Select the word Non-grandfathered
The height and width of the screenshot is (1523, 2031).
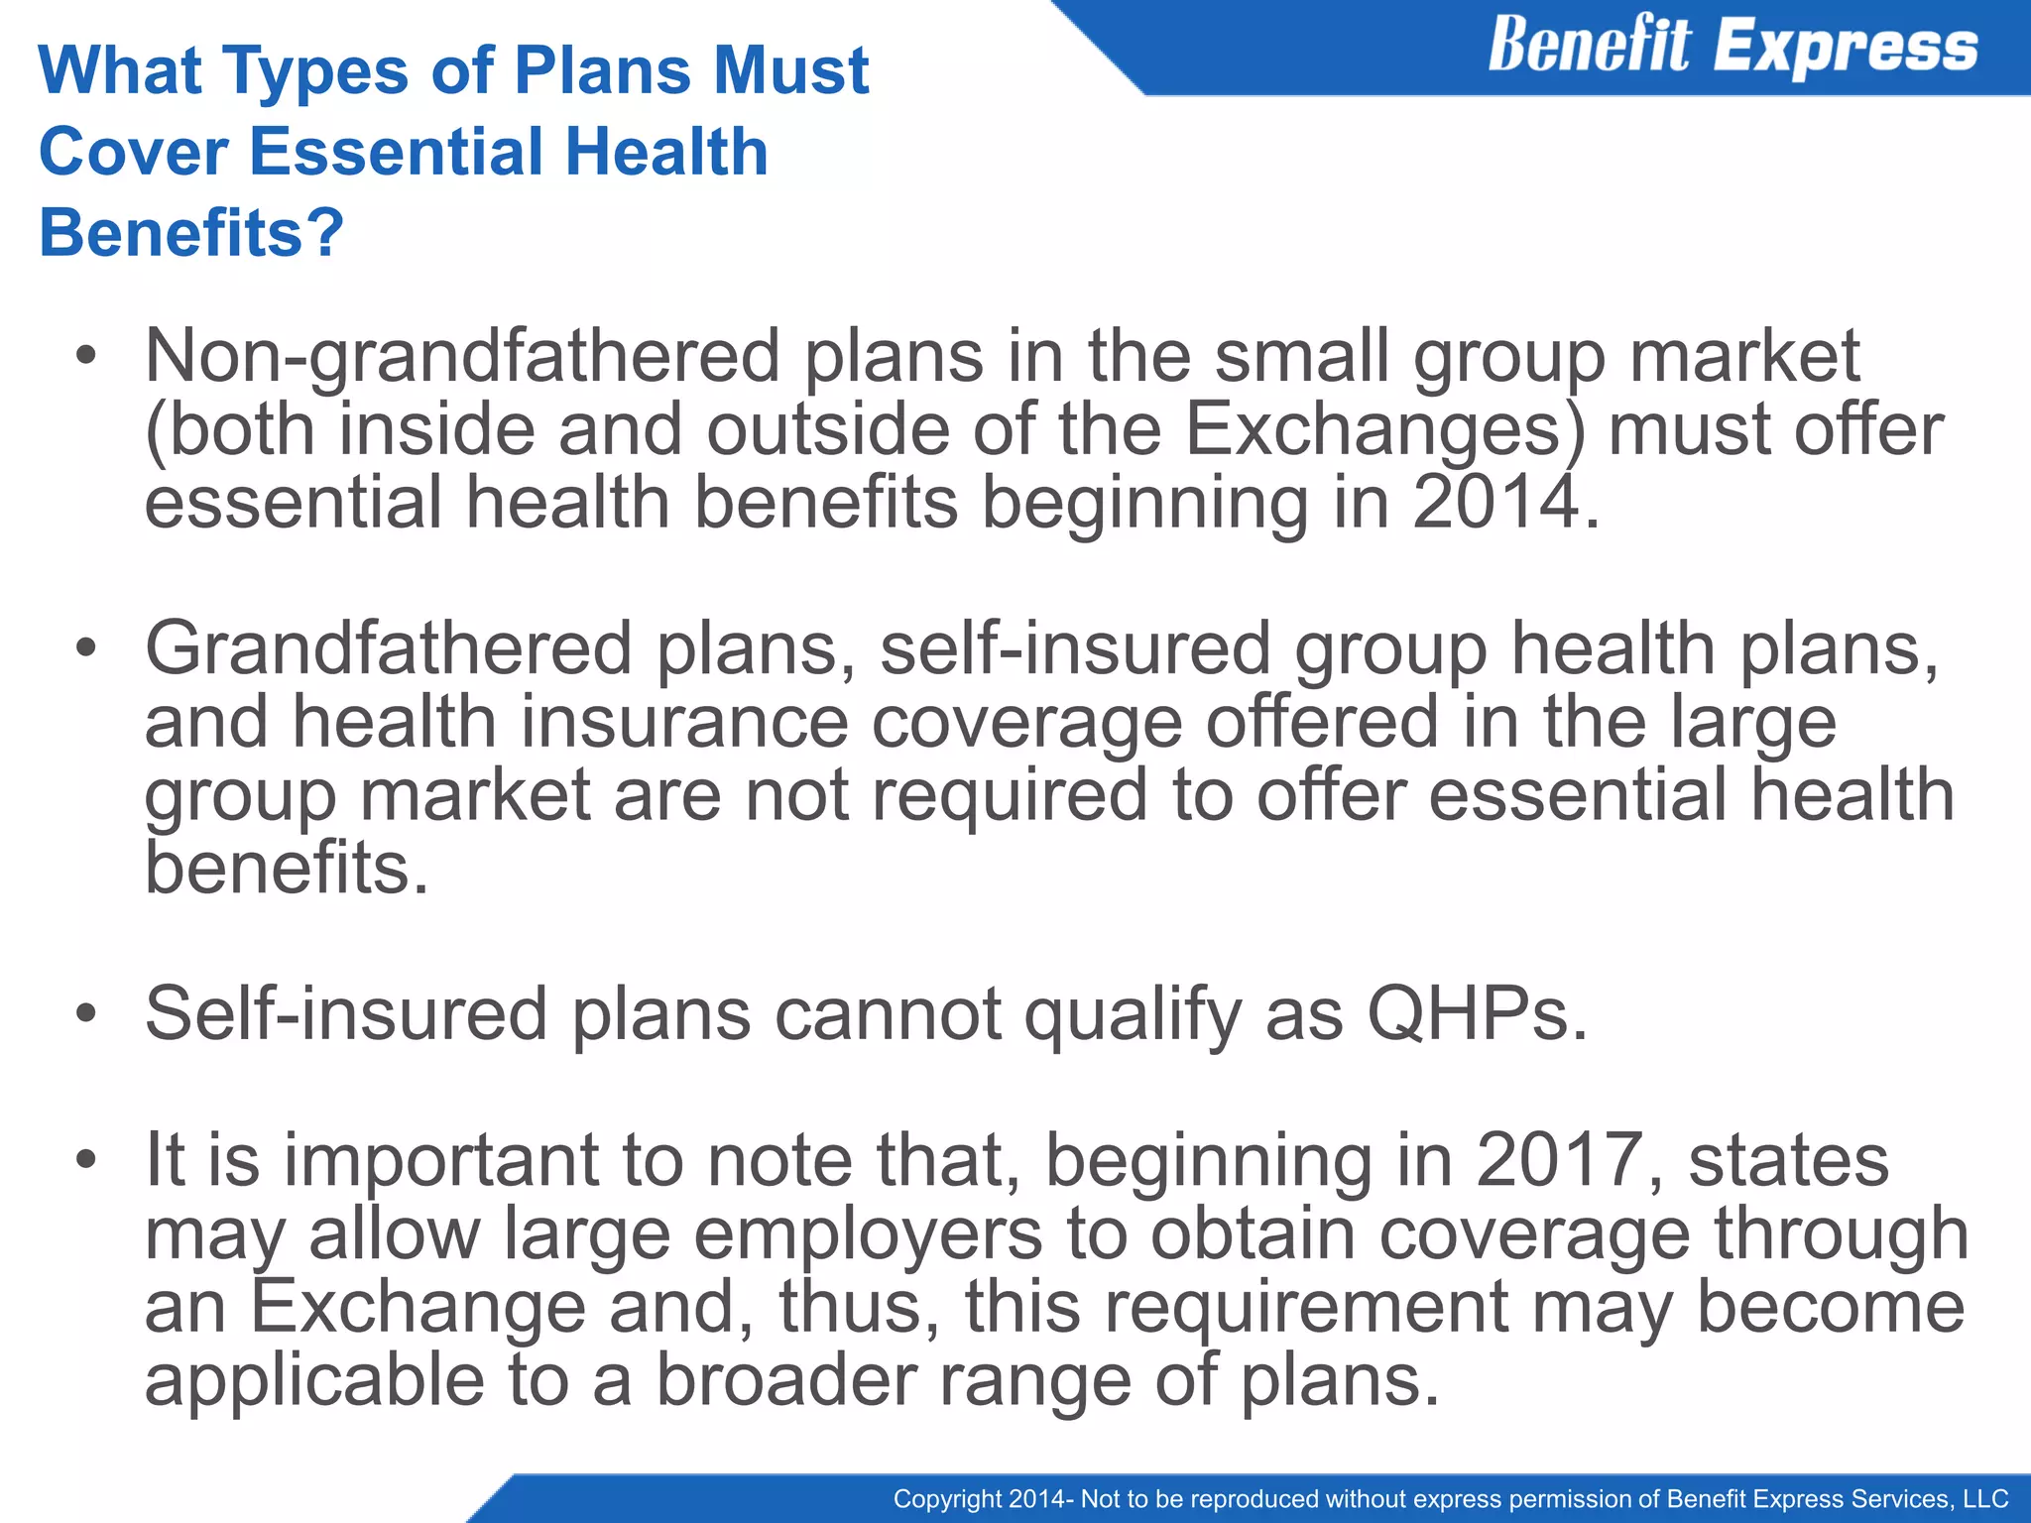click(x=462, y=356)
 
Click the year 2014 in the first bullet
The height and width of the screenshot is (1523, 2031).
click(x=1495, y=502)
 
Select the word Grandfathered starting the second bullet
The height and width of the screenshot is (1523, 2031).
click(x=389, y=647)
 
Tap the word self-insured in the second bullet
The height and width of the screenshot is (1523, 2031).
click(x=1075, y=647)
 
